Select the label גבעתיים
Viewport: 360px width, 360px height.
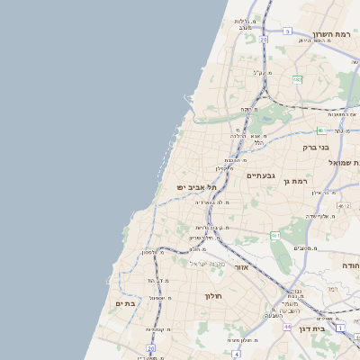point(260,175)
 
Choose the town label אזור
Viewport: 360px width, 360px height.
point(241,267)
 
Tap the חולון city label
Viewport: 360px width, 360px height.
point(213,295)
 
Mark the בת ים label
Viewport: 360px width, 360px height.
point(125,303)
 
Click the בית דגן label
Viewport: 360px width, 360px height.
point(329,330)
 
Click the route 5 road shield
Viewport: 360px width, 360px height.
point(288,31)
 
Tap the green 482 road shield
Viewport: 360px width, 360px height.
point(297,79)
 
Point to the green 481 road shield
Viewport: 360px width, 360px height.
point(320,130)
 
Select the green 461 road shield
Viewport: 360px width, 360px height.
point(275,235)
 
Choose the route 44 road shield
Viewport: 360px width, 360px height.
point(286,326)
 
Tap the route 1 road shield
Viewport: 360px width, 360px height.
point(340,328)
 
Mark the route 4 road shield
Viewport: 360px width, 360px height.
point(236,354)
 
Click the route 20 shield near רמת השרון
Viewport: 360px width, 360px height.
point(264,40)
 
